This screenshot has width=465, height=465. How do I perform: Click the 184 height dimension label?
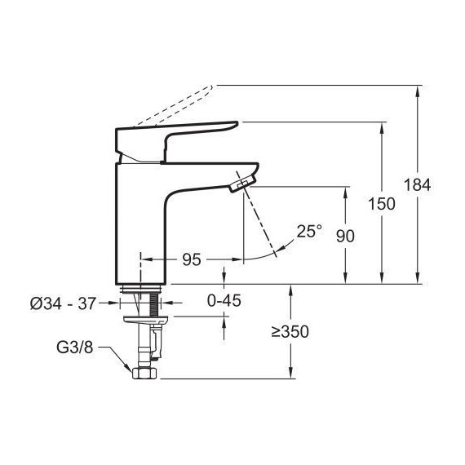[417, 185]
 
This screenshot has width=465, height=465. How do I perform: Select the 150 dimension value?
[382, 204]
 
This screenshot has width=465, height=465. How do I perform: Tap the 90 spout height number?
[345, 237]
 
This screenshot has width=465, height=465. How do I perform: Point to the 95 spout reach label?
[191, 259]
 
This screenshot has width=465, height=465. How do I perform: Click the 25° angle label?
[309, 232]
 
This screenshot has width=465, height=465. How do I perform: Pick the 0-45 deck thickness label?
[224, 301]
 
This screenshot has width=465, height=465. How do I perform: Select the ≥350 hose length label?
[290, 332]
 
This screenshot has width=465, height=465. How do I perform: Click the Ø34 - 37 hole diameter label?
[63, 303]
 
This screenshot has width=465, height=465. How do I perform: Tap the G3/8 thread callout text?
[75, 348]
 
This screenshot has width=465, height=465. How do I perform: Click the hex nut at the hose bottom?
[144, 374]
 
